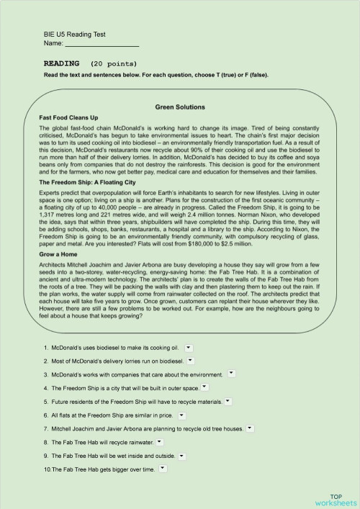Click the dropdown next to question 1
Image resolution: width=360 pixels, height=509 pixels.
tap(189, 346)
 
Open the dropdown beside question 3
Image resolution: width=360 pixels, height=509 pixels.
tap(231, 373)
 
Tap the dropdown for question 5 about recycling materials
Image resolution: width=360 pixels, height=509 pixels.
tap(228, 400)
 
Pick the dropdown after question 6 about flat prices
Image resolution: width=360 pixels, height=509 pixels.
tap(181, 415)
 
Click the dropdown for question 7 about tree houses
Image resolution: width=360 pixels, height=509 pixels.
tap(250, 428)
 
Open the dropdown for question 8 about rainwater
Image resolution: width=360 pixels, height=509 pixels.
tap(159, 441)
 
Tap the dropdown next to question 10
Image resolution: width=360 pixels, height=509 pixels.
tap(164, 469)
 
